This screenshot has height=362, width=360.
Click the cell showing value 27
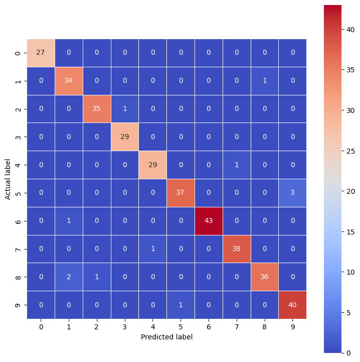[41, 52]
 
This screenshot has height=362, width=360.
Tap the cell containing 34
[69, 80]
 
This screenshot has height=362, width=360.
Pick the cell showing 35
[97, 108]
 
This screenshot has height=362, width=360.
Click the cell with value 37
[181, 192]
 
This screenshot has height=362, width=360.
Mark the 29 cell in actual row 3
[125, 137]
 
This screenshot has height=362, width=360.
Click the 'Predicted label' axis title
[166, 337]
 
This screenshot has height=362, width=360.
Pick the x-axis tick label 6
[209, 327]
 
